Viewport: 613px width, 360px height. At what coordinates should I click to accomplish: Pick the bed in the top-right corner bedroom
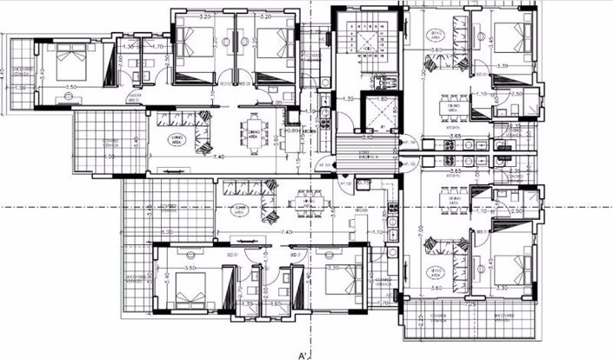(x=510, y=38)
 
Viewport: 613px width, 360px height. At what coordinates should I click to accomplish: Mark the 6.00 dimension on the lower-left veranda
(x=164, y=231)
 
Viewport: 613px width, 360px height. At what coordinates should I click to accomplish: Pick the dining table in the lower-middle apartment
(x=305, y=205)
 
